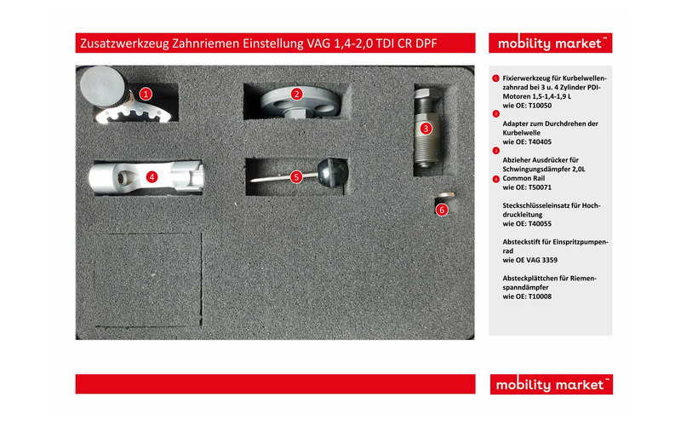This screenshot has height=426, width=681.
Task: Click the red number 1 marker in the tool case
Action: (x=146, y=94)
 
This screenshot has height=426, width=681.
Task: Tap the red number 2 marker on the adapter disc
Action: (x=297, y=94)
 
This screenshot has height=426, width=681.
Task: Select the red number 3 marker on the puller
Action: (x=426, y=128)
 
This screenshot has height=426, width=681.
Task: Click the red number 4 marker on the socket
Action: (x=151, y=176)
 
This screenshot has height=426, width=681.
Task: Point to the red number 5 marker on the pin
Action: (x=296, y=176)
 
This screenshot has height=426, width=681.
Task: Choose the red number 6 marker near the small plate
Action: (x=441, y=210)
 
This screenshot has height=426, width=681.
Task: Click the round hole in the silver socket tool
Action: (x=127, y=177)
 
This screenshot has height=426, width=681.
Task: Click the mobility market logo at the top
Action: (x=551, y=43)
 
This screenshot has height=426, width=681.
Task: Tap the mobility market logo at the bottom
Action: (x=551, y=385)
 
